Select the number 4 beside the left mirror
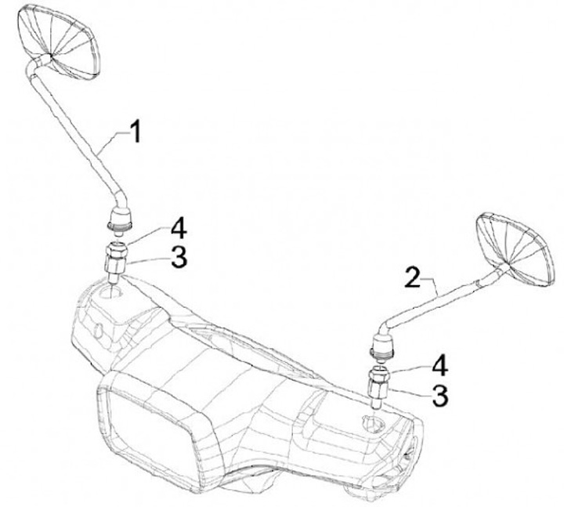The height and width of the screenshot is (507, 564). tap(179, 230)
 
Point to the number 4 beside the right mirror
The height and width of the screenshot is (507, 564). tap(440, 365)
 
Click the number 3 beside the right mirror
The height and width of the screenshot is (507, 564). tap(440, 395)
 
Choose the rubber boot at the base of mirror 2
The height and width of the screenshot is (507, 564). tap(381, 345)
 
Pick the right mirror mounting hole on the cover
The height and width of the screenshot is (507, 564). tap(368, 423)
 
